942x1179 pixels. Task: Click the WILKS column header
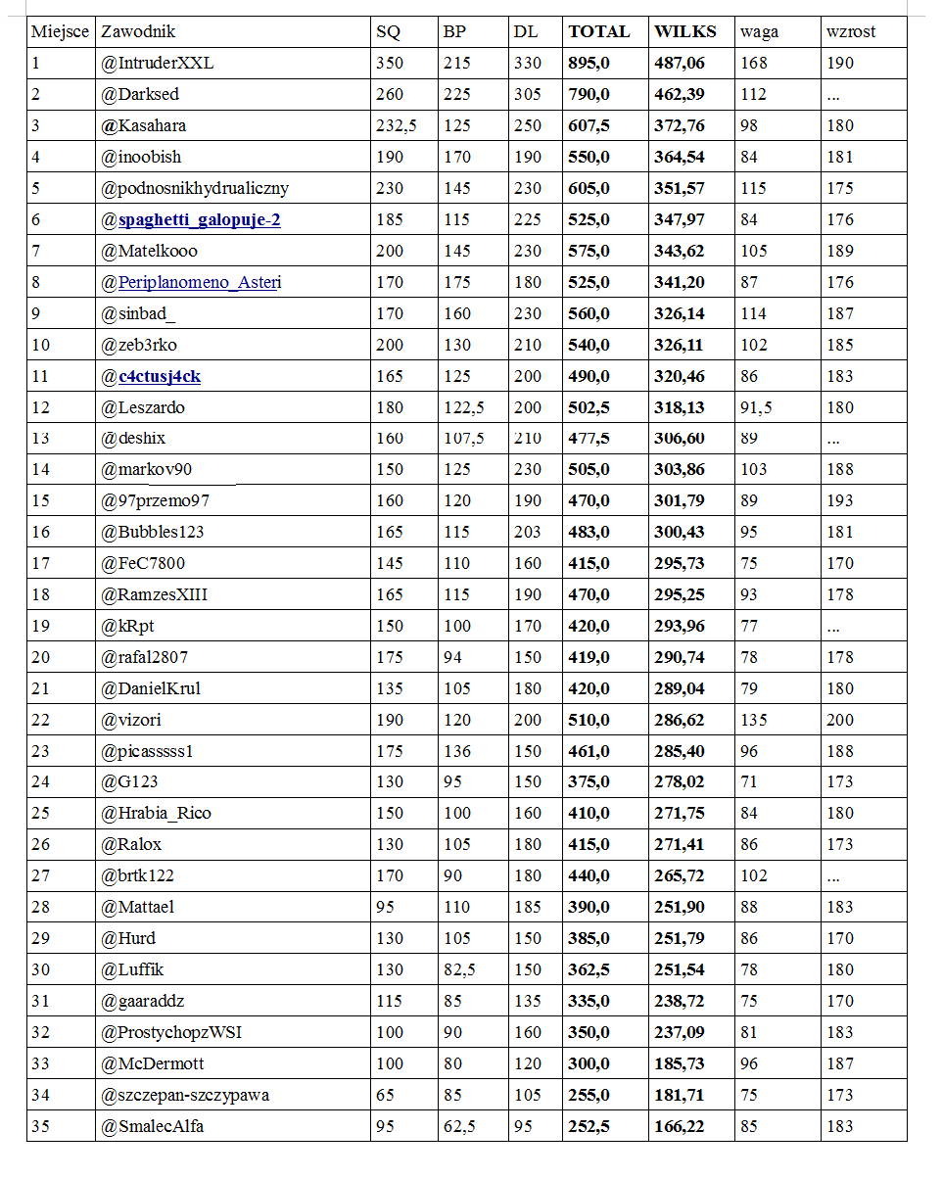(684, 31)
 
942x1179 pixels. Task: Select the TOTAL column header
(598, 31)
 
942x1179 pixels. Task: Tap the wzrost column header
(851, 31)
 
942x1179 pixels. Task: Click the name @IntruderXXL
(157, 63)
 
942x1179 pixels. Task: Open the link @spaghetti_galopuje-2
(191, 219)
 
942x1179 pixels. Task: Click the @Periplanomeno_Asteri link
(191, 282)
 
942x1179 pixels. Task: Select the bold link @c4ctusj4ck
(152, 376)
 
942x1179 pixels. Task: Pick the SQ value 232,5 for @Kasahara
(397, 125)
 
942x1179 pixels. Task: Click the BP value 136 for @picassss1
(456, 751)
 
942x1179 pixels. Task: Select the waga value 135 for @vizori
(754, 720)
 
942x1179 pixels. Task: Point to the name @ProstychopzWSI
(182, 1032)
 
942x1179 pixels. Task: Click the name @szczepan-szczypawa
(185, 1095)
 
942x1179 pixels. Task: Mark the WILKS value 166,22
(680, 1126)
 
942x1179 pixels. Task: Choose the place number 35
(40, 1126)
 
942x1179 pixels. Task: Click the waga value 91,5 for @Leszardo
(756, 407)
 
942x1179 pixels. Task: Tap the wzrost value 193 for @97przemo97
(840, 500)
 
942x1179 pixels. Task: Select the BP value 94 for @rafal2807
(452, 657)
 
